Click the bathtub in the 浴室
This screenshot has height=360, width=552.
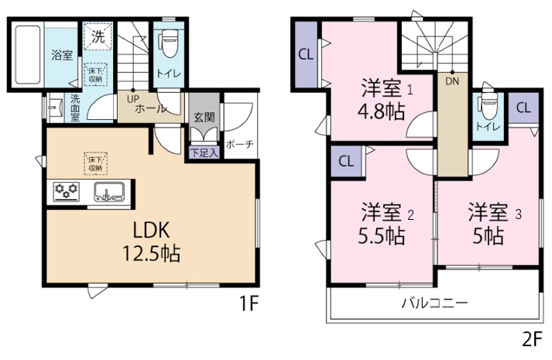pyautogui.click(x=27, y=54)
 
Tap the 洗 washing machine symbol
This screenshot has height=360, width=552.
pyautogui.click(x=98, y=36)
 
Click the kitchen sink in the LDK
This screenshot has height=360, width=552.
pyautogui.click(x=109, y=192)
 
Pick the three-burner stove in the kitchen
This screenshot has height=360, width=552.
pyautogui.click(x=67, y=192)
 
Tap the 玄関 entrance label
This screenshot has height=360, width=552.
pyautogui.click(x=204, y=116)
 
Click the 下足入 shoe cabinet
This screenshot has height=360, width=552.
pyautogui.click(x=204, y=153)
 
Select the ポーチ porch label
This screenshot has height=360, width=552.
pyautogui.click(x=239, y=144)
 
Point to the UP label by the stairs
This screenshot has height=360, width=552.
pyautogui.click(x=133, y=99)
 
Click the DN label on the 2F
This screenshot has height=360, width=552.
pyautogui.click(x=452, y=81)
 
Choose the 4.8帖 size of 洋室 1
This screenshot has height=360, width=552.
pyautogui.click(x=381, y=111)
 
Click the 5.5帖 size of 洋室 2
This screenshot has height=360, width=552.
pyautogui.click(x=381, y=236)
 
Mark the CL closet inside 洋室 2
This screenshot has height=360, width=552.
pyautogui.click(x=346, y=161)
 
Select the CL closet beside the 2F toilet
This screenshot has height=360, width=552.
pyautogui.click(x=523, y=108)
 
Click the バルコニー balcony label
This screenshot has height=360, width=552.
pyautogui.click(x=435, y=303)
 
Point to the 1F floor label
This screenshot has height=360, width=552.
pyautogui.click(x=249, y=303)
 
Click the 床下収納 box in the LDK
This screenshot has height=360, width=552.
pyautogui.click(x=96, y=163)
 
